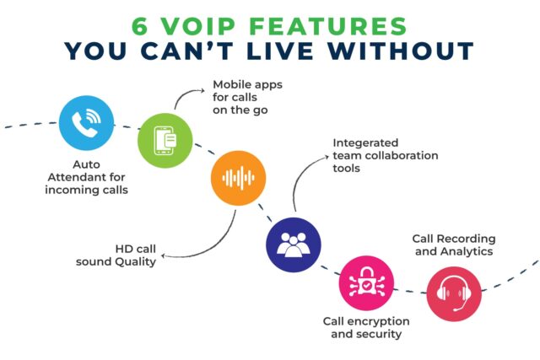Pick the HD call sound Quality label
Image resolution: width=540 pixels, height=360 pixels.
tap(123, 255)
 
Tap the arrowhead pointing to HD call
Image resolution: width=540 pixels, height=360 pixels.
tap(164, 255)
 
